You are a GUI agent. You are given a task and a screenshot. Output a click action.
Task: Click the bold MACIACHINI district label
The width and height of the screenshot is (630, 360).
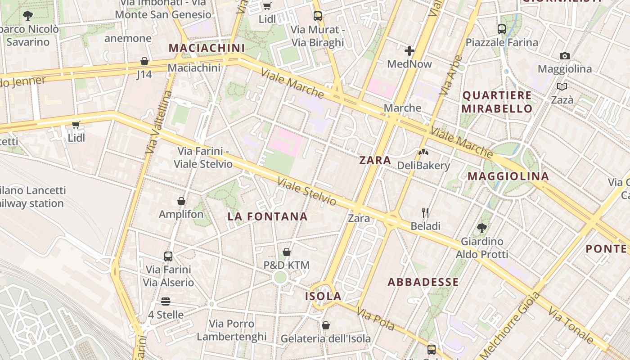pyautogui.click(x=207, y=48)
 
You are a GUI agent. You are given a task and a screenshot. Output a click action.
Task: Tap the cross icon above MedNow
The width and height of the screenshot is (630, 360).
pyautogui.click(x=409, y=51)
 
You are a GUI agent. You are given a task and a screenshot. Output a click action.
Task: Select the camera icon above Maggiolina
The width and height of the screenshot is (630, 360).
pyautogui.click(x=565, y=56)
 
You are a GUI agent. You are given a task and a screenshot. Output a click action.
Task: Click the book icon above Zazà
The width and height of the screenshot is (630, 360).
pyautogui.click(x=562, y=86)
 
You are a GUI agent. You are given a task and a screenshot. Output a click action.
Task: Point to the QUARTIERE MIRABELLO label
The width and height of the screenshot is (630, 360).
pyautogui.click(x=497, y=102)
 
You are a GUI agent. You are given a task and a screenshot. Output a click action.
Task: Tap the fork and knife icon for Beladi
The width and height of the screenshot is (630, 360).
pyautogui.click(x=425, y=212)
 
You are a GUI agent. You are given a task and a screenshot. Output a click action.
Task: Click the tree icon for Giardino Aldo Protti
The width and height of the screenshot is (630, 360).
pyautogui.click(x=481, y=228)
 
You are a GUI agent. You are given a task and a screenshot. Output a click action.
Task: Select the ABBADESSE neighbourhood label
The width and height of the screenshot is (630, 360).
pyautogui.click(x=423, y=282)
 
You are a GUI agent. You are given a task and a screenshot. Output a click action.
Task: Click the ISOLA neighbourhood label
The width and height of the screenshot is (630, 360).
pyautogui.click(x=323, y=296)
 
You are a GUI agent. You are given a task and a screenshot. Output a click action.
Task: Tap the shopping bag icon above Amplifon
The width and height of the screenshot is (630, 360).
pyautogui.click(x=181, y=201)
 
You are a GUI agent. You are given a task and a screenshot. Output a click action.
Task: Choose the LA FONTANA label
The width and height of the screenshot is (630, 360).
pyautogui.click(x=267, y=216)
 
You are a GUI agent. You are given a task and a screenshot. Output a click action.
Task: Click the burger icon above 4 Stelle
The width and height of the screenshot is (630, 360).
pyautogui.click(x=166, y=301)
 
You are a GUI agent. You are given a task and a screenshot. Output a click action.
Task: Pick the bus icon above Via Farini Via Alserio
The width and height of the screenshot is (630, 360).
pyautogui.click(x=168, y=256)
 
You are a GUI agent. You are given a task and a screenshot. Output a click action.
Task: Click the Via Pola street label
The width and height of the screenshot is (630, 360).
pyautogui.click(x=375, y=319)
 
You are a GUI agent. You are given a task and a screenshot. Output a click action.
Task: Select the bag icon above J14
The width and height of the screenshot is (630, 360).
pyautogui.click(x=144, y=61)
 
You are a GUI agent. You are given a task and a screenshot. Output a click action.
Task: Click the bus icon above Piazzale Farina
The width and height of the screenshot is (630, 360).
pyautogui.click(x=502, y=29)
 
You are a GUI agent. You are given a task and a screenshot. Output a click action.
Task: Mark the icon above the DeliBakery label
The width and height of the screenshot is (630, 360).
pyautogui.click(x=423, y=152)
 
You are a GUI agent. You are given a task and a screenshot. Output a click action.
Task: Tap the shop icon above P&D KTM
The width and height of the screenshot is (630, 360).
pyautogui.click(x=287, y=252)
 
